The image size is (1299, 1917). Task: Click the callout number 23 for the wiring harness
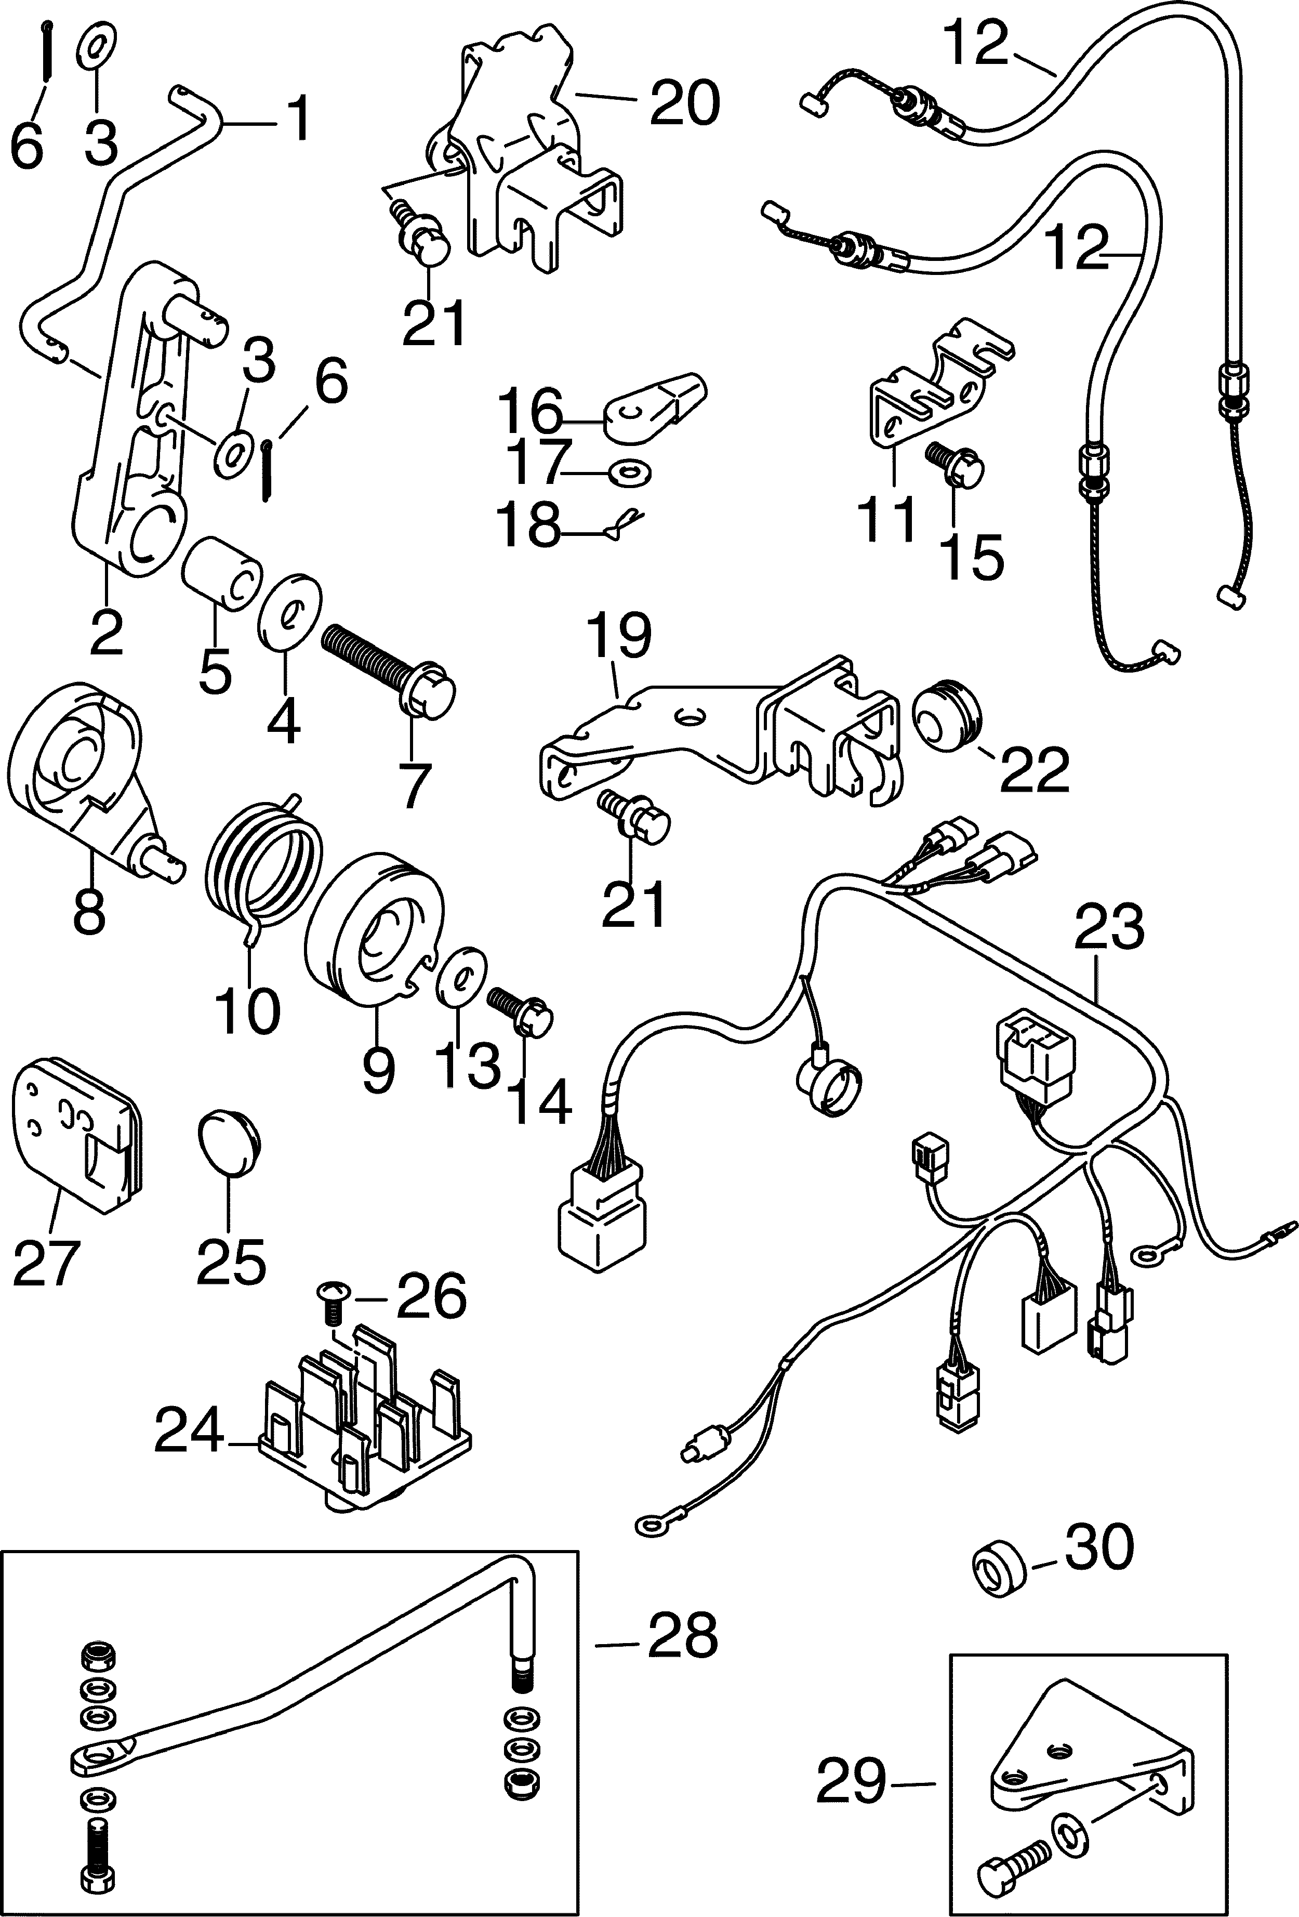point(1109,928)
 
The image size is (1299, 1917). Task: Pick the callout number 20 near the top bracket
point(684,103)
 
